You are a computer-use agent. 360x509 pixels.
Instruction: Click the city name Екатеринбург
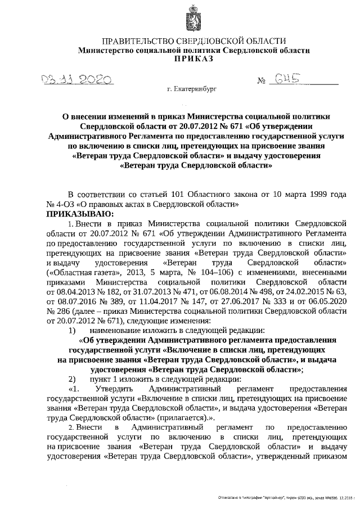[192, 89]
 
